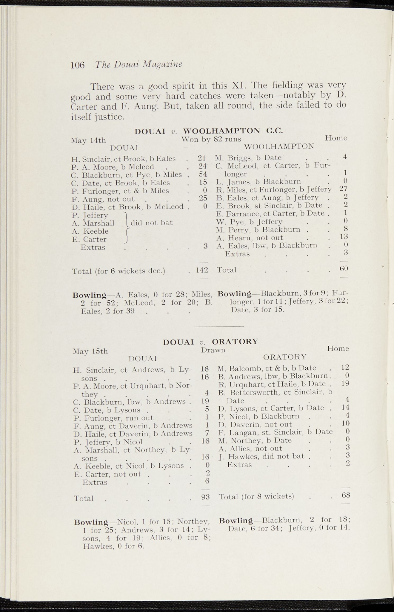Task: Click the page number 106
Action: tap(78, 65)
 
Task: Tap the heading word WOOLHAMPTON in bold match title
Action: tap(222, 131)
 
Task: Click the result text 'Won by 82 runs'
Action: tap(211, 139)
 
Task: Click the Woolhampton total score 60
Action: tap(344, 268)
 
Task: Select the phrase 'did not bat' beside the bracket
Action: tap(152, 223)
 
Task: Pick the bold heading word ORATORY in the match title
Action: tap(235, 341)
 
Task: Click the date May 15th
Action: tap(90, 351)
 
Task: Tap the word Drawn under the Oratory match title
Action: tap(213, 350)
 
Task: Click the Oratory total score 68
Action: tap(346, 495)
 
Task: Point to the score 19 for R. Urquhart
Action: tap(345, 383)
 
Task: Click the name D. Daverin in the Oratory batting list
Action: tap(236, 425)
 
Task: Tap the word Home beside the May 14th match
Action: tap(336, 138)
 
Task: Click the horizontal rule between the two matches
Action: tap(219, 326)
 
